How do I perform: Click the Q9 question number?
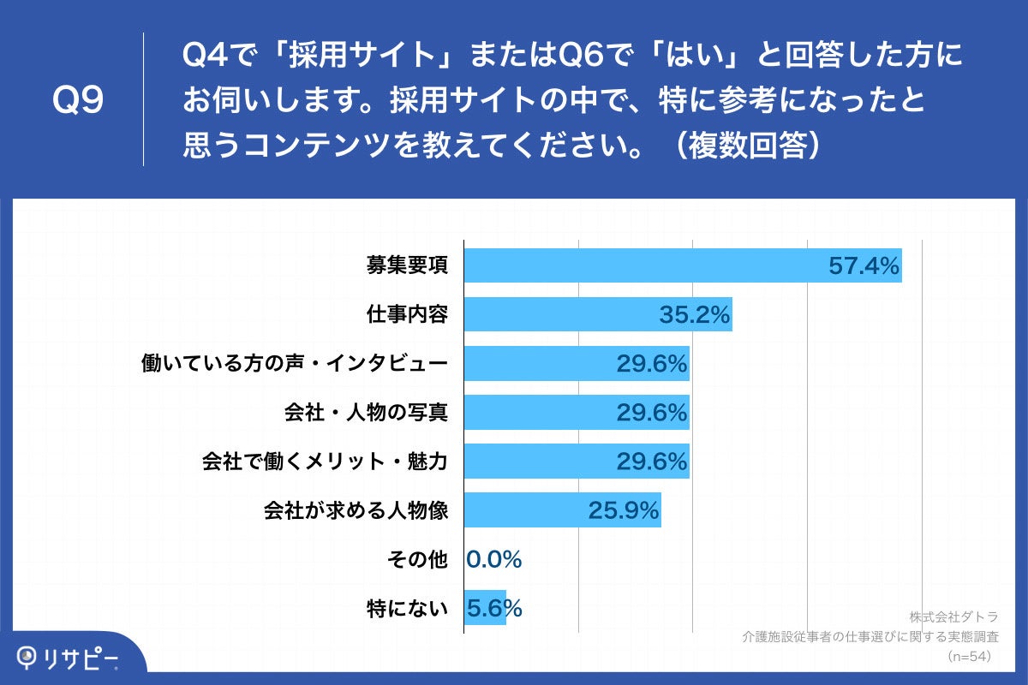[x=78, y=101]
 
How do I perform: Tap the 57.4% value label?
[x=864, y=265]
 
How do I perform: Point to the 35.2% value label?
[x=694, y=315]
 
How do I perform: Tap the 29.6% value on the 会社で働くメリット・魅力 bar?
[x=652, y=462]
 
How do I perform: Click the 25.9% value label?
[x=624, y=511]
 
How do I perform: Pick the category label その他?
[x=417, y=560]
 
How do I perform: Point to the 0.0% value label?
[x=494, y=560]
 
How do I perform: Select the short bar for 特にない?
[x=485, y=609]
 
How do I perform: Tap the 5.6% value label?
[x=494, y=609]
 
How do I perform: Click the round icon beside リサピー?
[x=30, y=657]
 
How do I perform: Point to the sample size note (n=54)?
[x=968, y=656]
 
